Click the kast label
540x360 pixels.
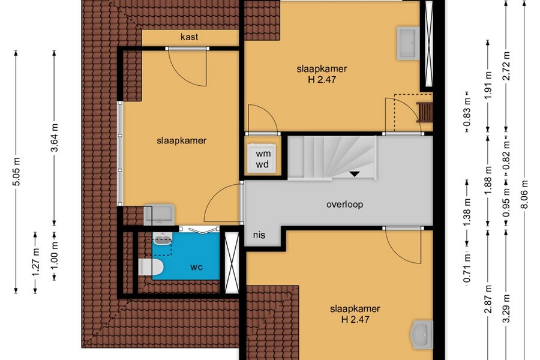pyautogui.click(x=190, y=37)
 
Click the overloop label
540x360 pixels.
pyautogui.click(x=344, y=204)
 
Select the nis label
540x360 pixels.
pyautogui.click(x=259, y=235)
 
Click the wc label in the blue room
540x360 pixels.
pyautogui.click(x=196, y=267)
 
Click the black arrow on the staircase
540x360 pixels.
pyautogui.click(x=355, y=174)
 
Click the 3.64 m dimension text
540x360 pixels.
pyautogui.click(x=55, y=137)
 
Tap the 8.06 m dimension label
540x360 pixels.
pyautogui.click(x=524, y=194)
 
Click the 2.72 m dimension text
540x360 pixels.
pyautogui.click(x=506, y=65)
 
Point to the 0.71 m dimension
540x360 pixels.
pyautogui.click(x=467, y=268)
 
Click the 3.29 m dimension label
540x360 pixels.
pyautogui.click(x=506, y=308)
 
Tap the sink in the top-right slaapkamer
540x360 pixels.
pyautogui.click(x=408, y=43)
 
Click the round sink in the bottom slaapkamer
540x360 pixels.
pyautogui.click(x=422, y=334)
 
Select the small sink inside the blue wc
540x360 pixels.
pyautogui.click(x=162, y=238)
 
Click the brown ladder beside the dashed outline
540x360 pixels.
pyautogui.click(x=424, y=112)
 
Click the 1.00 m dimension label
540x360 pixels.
pyautogui.click(x=55, y=256)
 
